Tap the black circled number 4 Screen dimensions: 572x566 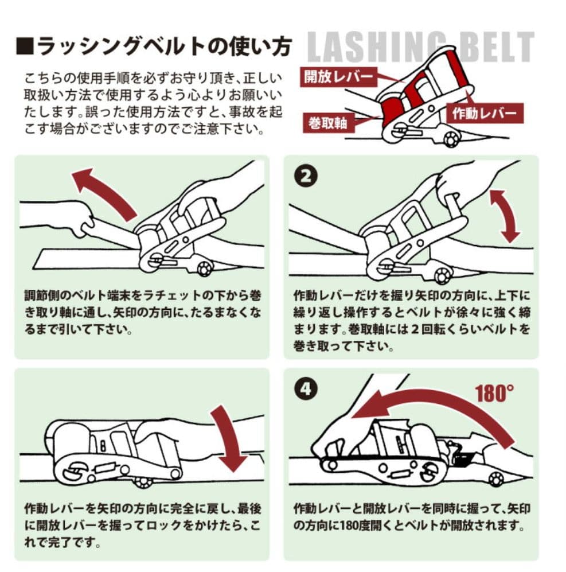[307, 390]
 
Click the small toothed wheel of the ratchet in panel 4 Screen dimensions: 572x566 [496, 478]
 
